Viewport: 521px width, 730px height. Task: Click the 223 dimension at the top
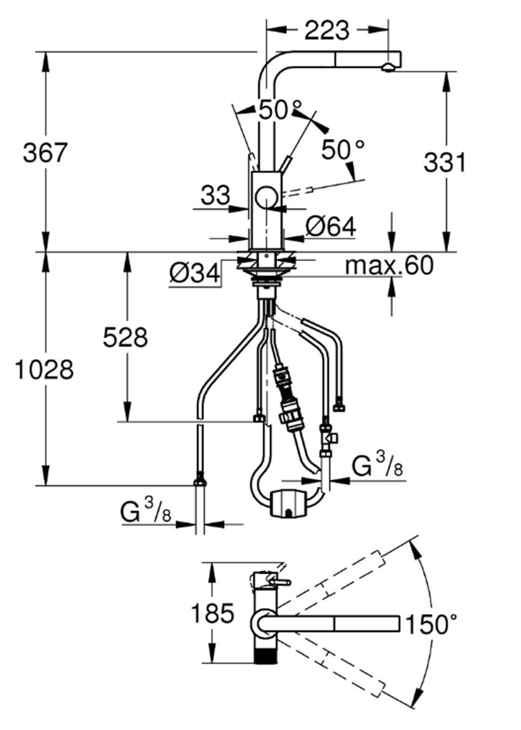(326, 30)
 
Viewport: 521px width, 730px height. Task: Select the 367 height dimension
(45, 152)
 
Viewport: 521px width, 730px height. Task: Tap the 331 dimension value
(444, 162)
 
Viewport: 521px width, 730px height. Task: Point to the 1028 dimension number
(44, 370)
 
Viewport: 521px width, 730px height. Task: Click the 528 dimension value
(125, 337)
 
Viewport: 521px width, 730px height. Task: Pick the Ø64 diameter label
(330, 227)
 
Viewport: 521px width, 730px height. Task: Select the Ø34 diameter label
(195, 273)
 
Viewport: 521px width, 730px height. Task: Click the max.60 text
(389, 265)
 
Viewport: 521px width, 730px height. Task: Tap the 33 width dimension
(216, 196)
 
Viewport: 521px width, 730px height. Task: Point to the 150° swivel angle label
(431, 624)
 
